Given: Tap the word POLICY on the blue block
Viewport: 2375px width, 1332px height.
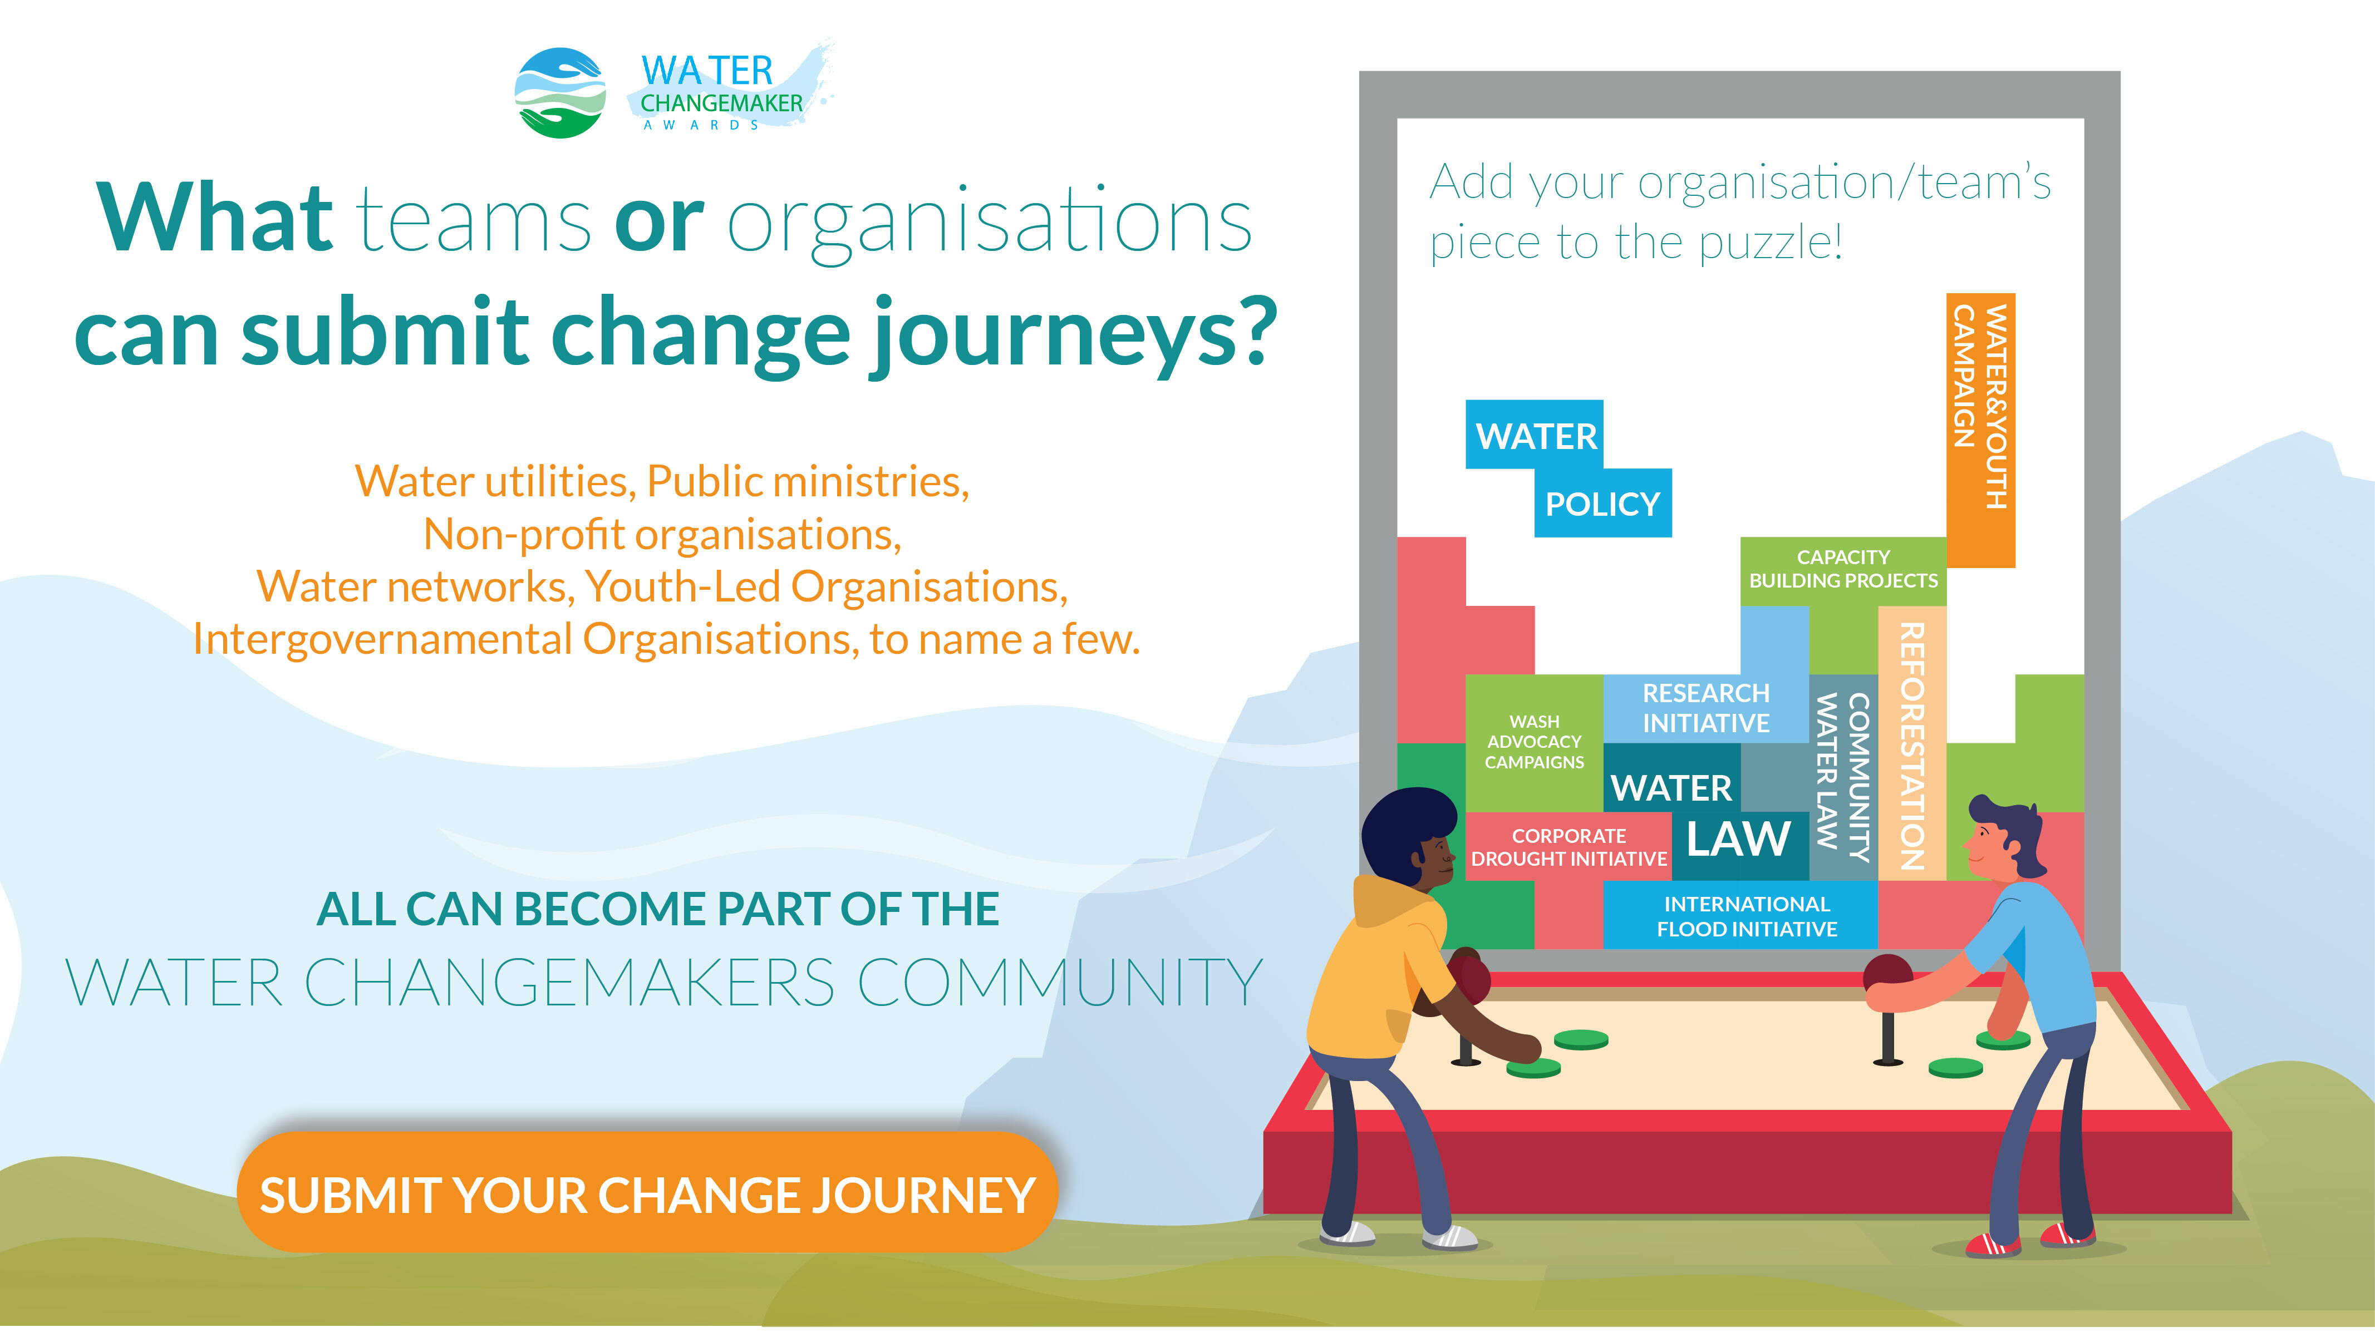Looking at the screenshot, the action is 1602,504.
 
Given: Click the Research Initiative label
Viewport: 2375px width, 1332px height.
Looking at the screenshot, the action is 1705,708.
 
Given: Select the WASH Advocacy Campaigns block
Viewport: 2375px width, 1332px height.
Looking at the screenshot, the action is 1534,743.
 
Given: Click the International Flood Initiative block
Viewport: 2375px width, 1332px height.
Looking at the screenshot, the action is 1740,915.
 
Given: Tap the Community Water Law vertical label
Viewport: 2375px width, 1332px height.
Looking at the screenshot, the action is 1843,776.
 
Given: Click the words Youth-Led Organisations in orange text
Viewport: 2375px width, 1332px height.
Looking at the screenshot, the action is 826,586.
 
